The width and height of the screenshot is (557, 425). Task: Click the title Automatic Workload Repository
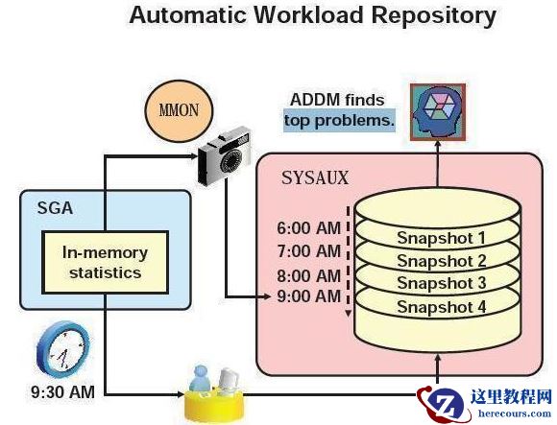pyautogui.click(x=312, y=16)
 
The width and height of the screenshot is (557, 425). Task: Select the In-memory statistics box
pyautogui.click(x=106, y=262)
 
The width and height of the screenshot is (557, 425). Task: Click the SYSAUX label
pyautogui.click(x=314, y=177)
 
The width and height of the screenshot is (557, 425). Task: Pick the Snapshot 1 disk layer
pyautogui.click(x=441, y=237)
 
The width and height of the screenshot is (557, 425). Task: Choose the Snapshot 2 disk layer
pyautogui.click(x=441, y=261)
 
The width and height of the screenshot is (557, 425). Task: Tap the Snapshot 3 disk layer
pyautogui.click(x=441, y=284)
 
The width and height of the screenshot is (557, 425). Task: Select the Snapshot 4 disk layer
pyautogui.click(x=441, y=307)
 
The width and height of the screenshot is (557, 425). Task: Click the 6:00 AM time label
pyautogui.click(x=307, y=229)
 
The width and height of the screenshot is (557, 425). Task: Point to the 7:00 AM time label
pyautogui.click(x=307, y=251)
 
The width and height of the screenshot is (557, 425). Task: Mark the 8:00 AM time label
pyautogui.click(x=307, y=274)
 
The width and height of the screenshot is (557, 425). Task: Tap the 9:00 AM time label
pyautogui.click(x=307, y=296)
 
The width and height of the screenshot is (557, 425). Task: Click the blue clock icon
pyautogui.click(x=63, y=348)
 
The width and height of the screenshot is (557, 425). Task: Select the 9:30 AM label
pyautogui.click(x=62, y=391)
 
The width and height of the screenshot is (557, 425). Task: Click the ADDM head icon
pyautogui.click(x=437, y=111)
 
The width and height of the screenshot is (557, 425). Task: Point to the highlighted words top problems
pyautogui.click(x=339, y=121)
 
